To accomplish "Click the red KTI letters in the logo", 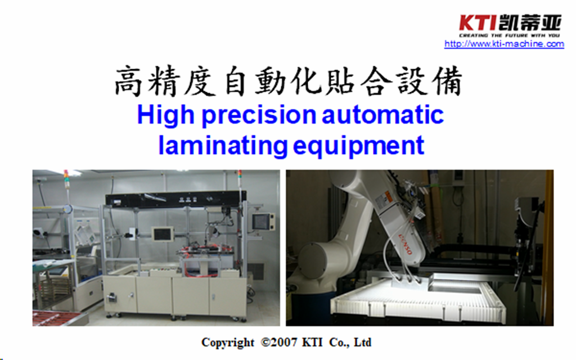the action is tap(478, 23).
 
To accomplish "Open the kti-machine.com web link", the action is tap(504, 44).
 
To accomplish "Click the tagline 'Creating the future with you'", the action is tap(509, 35).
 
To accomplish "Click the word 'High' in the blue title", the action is tap(166, 115).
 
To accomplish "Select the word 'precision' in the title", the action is tap(259, 116).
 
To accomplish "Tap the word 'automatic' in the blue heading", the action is tap(382, 115).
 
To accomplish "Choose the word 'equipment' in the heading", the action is tap(358, 147).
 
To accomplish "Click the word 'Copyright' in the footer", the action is tap(228, 343).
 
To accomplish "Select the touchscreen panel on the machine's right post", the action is tap(263, 222).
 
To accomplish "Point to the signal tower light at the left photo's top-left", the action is tap(66, 179).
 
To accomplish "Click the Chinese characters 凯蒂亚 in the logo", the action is tap(530, 23).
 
